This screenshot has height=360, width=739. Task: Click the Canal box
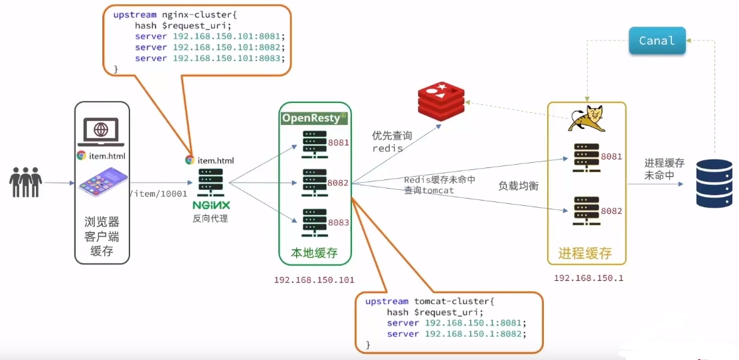(x=656, y=41)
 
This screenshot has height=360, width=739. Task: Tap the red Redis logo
(x=442, y=100)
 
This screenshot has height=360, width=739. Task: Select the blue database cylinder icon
(x=714, y=183)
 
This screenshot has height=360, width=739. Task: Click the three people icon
(x=26, y=181)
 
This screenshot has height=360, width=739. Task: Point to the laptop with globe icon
(x=101, y=132)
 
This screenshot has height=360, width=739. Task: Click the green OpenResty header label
(x=315, y=118)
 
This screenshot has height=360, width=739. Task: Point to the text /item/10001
(x=159, y=193)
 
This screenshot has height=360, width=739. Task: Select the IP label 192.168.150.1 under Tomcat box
(x=588, y=278)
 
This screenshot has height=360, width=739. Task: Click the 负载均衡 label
(x=519, y=186)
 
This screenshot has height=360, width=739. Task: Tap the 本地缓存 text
(x=314, y=252)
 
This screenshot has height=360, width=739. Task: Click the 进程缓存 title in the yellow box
(x=584, y=253)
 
